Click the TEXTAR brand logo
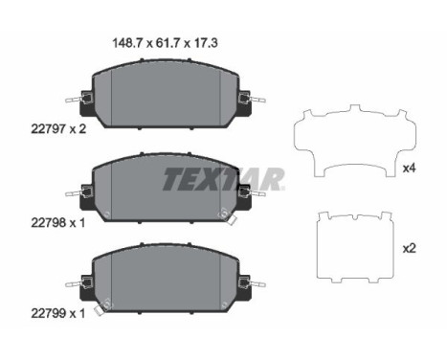(x=224, y=178)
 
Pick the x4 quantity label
(x=409, y=169)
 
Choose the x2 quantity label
(x=409, y=248)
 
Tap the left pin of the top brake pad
(x=74, y=99)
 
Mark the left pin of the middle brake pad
(x=74, y=192)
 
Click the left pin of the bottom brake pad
(x=74, y=283)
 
